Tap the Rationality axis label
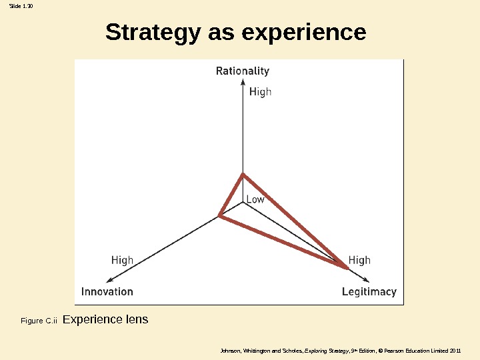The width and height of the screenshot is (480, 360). [x=243, y=71]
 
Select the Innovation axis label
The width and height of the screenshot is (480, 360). [x=107, y=291]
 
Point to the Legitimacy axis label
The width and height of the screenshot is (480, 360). [x=369, y=291]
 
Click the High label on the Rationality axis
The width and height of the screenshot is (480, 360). [x=260, y=92]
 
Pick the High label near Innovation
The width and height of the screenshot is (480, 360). [x=122, y=260]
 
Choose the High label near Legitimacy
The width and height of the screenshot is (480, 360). [x=359, y=260]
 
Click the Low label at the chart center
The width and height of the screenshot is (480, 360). [x=255, y=199]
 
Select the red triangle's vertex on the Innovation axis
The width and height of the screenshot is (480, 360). [x=219, y=215]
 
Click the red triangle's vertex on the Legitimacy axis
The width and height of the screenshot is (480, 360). [x=347, y=267]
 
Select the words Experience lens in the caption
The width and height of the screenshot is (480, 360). [x=105, y=319]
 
